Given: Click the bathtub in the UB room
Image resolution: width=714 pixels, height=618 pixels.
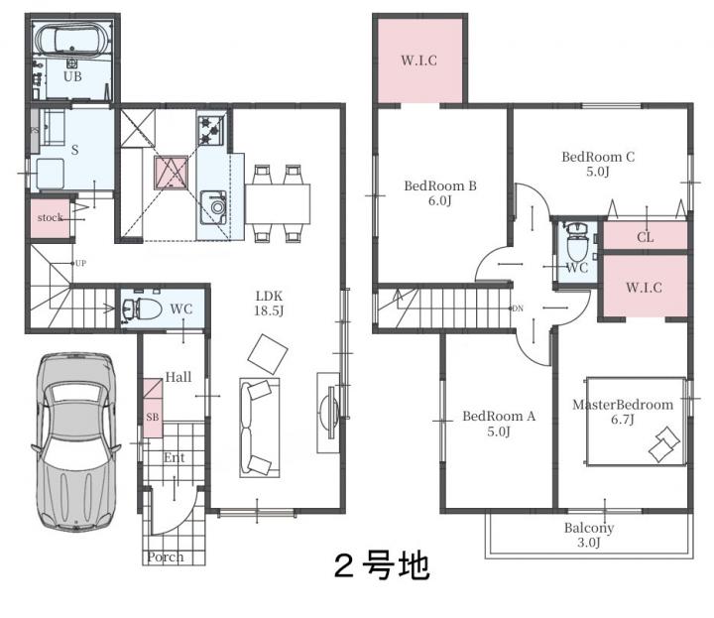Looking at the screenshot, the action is (x=72, y=40).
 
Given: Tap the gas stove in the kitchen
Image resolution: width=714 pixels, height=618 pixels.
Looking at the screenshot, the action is (x=211, y=130).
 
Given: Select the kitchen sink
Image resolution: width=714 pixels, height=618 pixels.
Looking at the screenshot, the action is (x=213, y=207).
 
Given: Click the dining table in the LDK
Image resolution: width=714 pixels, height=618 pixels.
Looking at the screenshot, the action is (x=278, y=204).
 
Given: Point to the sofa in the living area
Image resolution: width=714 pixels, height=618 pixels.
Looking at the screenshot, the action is (x=260, y=428).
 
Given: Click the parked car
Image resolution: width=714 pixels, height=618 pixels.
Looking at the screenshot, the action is (x=75, y=440).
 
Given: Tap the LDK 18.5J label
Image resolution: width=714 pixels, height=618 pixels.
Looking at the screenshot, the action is (x=269, y=304).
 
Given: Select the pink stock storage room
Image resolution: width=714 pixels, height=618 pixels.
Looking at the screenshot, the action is (x=51, y=218).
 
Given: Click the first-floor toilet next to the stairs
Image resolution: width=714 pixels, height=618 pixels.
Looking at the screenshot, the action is (x=142, y=309).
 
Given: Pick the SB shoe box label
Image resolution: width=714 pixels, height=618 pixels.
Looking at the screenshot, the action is (x=153, y=417).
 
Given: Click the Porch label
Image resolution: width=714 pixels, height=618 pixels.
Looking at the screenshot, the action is (x=166, y=556).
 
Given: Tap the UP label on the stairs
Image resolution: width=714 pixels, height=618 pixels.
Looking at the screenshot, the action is (x=80, y=263).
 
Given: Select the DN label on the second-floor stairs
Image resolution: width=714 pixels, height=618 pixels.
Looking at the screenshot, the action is (x=518, y=309).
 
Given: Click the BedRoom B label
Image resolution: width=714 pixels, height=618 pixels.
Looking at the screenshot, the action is (x=440, y=185).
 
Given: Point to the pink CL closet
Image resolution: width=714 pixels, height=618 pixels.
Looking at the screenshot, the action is (x=646, y=236).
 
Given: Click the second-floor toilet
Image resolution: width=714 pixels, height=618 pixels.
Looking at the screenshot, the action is (x=577, y=241).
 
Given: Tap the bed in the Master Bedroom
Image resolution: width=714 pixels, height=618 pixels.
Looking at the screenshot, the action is (x=636, y=422).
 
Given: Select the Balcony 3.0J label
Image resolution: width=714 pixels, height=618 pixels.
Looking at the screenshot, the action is (x=589, y=535).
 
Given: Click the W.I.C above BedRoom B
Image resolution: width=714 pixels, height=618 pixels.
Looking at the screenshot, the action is (x=418, y=61).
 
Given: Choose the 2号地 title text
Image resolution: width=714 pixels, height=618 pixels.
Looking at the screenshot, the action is (x=382, y=565).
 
